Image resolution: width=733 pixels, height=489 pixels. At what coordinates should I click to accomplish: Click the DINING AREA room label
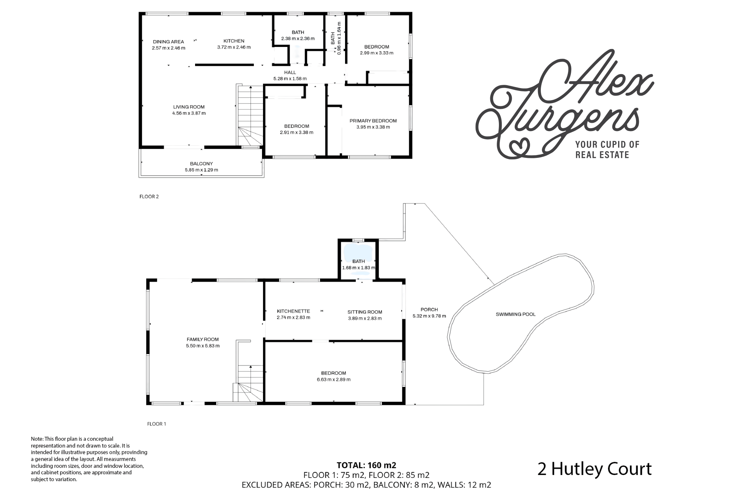click(x=168, y=42)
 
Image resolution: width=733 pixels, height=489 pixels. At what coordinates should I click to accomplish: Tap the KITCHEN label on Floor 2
click(x=234, y=41)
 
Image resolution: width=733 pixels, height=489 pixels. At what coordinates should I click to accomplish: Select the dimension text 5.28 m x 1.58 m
click(x=290, y=79)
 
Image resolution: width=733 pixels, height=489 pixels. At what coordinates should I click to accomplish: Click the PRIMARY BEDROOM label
click(x=373, y=121)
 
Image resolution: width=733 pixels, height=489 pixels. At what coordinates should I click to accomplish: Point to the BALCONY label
click(x=202, y=164)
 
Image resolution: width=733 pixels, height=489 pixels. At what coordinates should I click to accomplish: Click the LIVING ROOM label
click(x=189, y=107)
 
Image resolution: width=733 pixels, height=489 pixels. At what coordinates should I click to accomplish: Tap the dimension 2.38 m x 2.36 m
click(x=298, y=39)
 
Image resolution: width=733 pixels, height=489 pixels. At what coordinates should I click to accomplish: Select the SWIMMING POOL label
click(x=515, y=314)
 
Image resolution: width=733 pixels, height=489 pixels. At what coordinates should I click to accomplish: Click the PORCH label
click(x=429, y=310)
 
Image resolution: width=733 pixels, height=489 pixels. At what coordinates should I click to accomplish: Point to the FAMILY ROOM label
click(x=203, y=339)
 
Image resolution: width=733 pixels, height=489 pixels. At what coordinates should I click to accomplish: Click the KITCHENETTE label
click(x=293, y=311)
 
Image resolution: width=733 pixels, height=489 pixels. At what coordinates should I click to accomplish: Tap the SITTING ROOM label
click(x=365, y=312)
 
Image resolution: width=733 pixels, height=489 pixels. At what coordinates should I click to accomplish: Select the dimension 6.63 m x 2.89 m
click(x=334, y=379)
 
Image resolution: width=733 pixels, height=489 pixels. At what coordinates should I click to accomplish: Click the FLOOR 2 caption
click(x=149, y=197)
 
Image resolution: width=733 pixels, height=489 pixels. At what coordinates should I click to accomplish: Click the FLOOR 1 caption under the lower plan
click(x=157, y=424)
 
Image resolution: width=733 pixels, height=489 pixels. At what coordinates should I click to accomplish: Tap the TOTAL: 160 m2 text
click(x=366, y=465)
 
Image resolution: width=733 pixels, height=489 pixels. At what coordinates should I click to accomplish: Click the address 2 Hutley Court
click(x=594, y=469)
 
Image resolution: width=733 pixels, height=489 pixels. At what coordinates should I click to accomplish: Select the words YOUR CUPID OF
click(x=607, y=144)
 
